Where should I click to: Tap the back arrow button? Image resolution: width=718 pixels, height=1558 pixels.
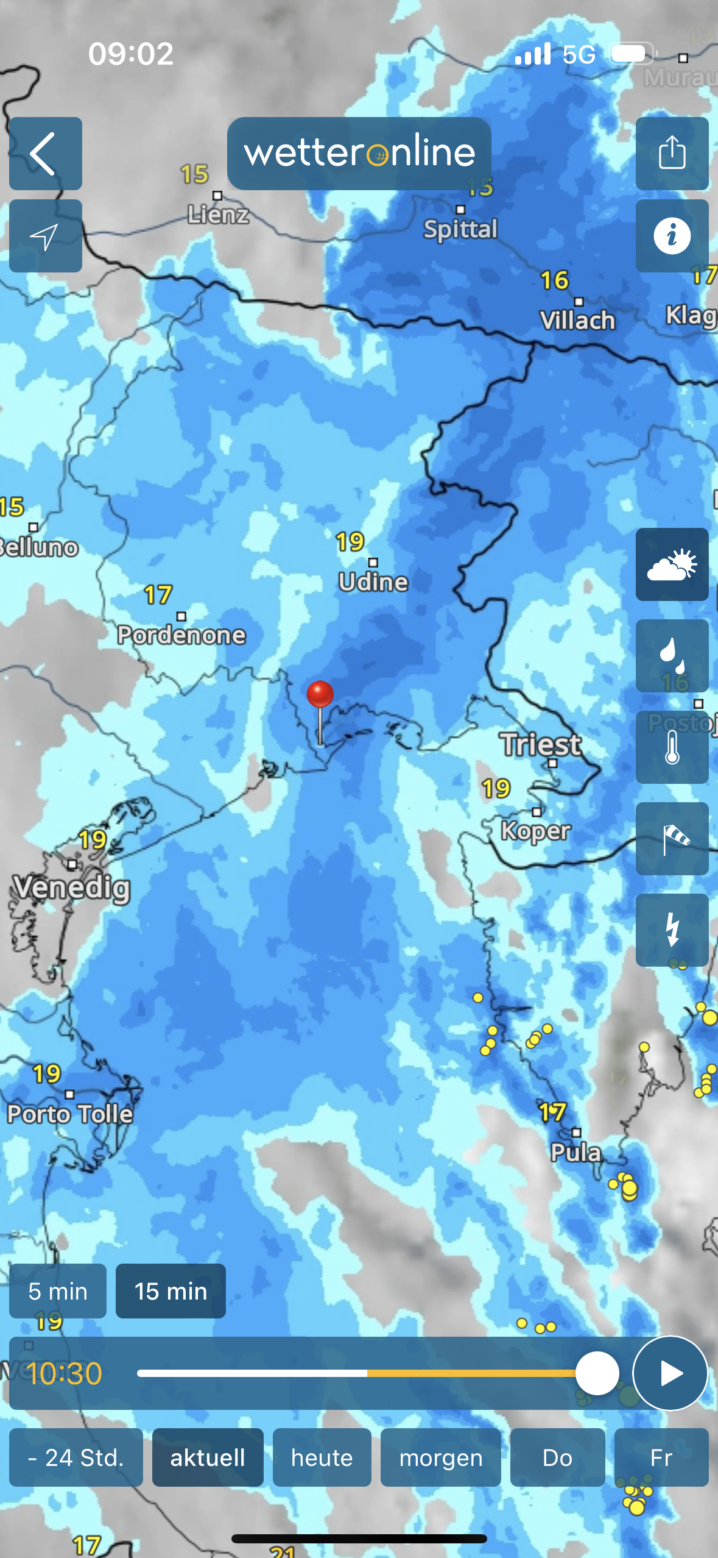(45, 154)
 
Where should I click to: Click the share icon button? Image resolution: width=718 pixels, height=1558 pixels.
(672, 154)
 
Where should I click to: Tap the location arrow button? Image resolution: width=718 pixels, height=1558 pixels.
(45, 236)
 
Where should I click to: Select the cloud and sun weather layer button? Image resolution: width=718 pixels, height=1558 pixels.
(672, 564)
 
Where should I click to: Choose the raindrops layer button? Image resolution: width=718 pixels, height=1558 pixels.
(672, 656)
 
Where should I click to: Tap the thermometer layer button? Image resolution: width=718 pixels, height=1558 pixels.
(672, 747)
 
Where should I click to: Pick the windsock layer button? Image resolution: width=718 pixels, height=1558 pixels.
(672, 839)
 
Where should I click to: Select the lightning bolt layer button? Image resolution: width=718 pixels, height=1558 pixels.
(672, 930)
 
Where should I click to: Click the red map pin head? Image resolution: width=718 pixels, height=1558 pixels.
(320, 694)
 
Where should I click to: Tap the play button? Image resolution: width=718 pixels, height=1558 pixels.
(670, 1373)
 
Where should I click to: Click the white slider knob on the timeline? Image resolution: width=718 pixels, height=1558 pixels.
(597, 1373)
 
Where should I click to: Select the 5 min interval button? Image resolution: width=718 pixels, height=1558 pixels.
(58, 1291)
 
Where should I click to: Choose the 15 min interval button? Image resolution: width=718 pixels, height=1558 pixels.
(171, 1291)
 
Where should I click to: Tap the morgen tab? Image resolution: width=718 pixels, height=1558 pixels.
(440, 1457)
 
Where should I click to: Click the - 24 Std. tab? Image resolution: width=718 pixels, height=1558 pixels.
(76, 1457)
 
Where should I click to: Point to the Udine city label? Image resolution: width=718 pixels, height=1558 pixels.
(373, 582)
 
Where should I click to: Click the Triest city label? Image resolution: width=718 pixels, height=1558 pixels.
(541, 745)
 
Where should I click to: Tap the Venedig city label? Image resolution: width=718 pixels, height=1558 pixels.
(72, 887)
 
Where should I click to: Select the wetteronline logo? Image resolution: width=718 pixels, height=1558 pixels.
(359, 153)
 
